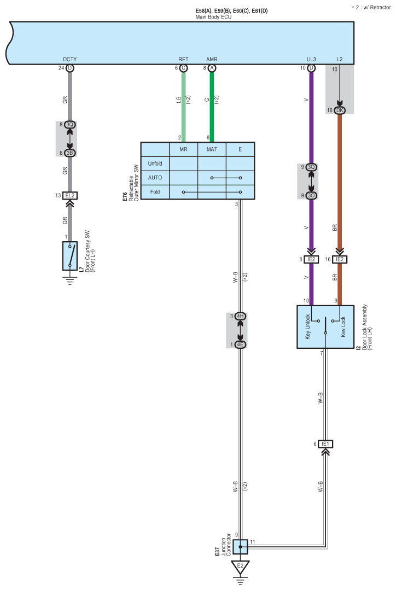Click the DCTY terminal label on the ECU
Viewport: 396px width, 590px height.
[x=69, y=59]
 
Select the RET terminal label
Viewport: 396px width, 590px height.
[x=183, y=59]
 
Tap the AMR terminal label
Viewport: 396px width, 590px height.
[x=212, y=59]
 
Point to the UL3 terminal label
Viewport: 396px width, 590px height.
[x=311, y=59]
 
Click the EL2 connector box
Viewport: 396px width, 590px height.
[x=69, y=195]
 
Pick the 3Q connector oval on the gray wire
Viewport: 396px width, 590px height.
[x=69, y=125]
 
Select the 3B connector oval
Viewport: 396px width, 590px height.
[x=69, y=153]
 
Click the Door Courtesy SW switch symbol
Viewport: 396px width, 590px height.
[x=69, y=255]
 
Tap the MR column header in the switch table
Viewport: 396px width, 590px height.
[x=183, y=149]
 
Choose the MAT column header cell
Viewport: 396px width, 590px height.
[x=212, y=149]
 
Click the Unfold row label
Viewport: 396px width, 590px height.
[x=155, y=163]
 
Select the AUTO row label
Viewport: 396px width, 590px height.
[x=155, y=178]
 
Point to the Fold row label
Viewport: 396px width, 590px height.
[x=155, y=192]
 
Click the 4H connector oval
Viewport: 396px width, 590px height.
[x=240, y=316]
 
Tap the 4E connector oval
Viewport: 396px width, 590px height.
[x=240, y=344]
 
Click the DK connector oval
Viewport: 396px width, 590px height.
[x=339, y=110]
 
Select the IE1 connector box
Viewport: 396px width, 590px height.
[x=325, y=443]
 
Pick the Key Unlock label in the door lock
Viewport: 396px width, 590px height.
[x=308, y=326]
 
